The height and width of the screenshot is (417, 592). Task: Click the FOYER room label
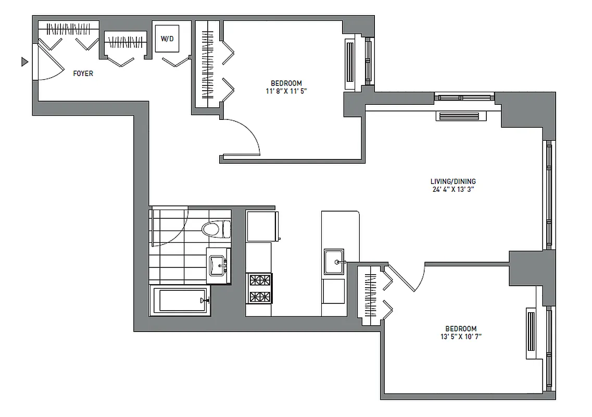pos(83,73)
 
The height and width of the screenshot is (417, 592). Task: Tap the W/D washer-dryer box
pos(167,39)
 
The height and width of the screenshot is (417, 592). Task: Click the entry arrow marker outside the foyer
pos(24,62)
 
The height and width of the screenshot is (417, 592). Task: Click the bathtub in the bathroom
pos(180,300)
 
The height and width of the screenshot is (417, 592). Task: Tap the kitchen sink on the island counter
pos(333,262)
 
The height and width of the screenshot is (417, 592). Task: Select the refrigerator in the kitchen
pos(262,226)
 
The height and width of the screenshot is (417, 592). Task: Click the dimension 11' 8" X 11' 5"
pos(286,91)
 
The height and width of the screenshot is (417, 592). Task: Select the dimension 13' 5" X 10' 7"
pos(460,337)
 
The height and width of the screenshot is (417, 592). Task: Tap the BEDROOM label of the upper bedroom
pos(286,83)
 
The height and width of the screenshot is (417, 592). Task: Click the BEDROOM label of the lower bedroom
pos(461,329)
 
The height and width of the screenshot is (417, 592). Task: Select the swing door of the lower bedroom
pos(409,276)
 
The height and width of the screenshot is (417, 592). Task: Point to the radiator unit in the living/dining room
pos(460,116)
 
